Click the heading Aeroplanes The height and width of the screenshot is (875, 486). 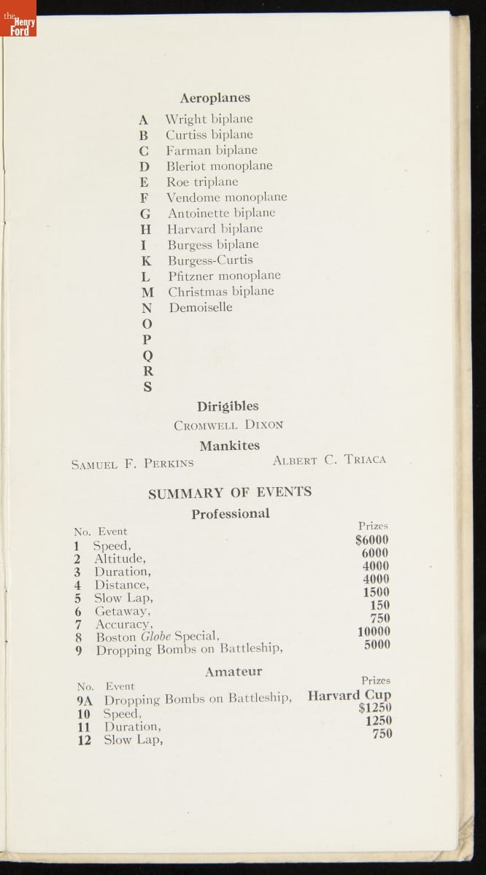(x=215, y=98)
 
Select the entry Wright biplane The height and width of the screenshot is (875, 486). (x=209, y=119)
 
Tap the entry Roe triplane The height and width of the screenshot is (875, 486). (x=202, y=182)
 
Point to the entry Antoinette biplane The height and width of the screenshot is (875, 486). (x=221, y=213)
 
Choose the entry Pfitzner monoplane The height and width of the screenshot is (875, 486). (x=224, y=276)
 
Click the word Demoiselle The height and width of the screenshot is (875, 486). (x=201, y=307)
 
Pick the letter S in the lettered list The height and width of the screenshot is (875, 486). (x=147, y=387)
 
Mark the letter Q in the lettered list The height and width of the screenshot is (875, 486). (x=147, y=355)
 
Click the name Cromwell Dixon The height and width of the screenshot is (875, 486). (x=228, y=424)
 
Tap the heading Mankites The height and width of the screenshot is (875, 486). (x=229, y=446)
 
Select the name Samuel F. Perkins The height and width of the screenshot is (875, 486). (x=133, y=463)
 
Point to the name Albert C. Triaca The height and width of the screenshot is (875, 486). (x=329, y=460)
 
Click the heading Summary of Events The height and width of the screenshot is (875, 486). (x=230, y=492)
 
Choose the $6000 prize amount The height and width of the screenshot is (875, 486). (x=371, y=540)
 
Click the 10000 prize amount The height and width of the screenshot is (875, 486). (x=374, y=631)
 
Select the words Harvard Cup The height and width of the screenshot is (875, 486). (x=349, y=695)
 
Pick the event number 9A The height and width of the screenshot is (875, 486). (x=87, y=699)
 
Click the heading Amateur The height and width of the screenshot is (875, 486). (x=234, y=672)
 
